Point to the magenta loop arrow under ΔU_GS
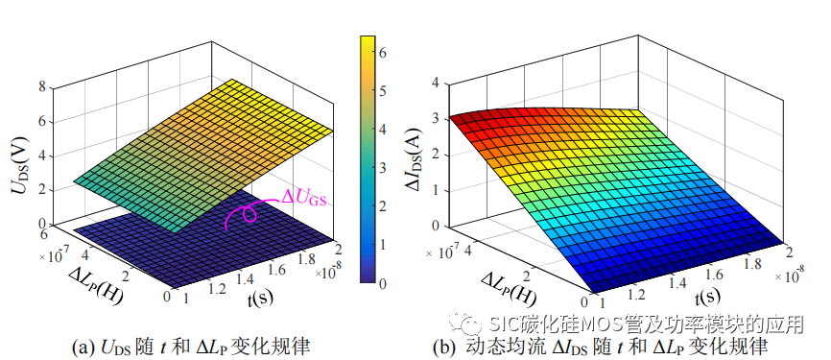(x=246, y=214)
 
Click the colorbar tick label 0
(x=383, y=283)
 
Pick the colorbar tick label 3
(x=383, y=168)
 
